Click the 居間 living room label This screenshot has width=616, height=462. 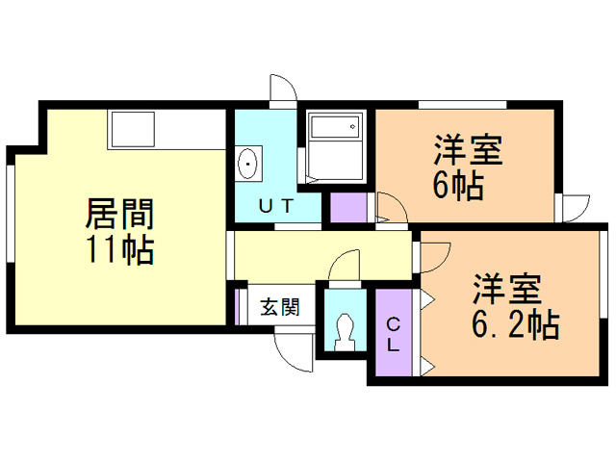[119, 214]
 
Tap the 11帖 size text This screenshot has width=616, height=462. [120, 249]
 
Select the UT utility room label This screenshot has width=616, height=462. [276, 205]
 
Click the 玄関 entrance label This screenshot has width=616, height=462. [280, 306]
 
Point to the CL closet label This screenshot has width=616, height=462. [394, 335]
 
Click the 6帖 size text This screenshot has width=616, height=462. [458, 186]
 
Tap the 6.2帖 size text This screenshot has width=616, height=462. [516, 324]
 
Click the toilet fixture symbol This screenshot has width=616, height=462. [345, 332]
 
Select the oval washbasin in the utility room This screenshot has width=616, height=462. [248, 164]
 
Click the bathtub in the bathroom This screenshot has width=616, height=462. [335, 126]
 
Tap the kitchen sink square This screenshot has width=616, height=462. [133, 129]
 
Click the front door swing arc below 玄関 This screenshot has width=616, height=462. [294, 352]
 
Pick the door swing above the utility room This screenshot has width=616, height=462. [283, 88]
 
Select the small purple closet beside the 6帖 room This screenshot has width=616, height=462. [348, 208]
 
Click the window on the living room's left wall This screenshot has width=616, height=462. [11, 214]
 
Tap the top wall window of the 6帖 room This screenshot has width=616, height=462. [462, 105]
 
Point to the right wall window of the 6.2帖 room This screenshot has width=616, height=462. [603, 274]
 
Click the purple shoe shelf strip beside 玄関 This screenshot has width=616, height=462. [237, 307]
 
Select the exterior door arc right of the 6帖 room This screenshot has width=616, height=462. [577, 208]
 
